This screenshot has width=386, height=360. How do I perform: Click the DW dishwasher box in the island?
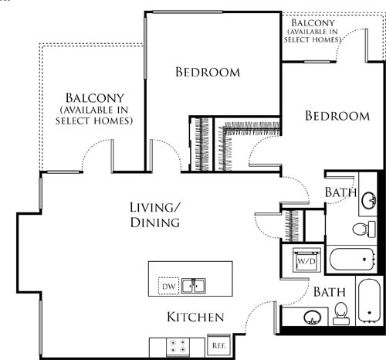(168, 287)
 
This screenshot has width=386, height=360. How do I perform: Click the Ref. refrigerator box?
(218, 345)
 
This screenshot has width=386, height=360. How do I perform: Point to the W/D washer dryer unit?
(307, 261)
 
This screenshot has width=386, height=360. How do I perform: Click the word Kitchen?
(195, 318)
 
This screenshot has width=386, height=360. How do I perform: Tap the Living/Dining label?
(154, 215)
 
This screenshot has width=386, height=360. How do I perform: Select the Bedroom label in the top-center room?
(208, 73)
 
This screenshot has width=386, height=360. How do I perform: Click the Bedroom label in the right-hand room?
(337, 116)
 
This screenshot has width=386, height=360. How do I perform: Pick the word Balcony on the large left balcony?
(96, 98)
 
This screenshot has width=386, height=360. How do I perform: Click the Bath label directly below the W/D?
(329, 293)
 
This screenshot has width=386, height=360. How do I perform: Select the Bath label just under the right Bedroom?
(340, 192)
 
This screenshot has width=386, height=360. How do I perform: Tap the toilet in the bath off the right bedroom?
(362, 229)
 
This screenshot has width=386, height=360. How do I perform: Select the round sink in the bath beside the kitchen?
(312, 318)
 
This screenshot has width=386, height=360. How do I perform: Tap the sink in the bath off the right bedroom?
(368, 201)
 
